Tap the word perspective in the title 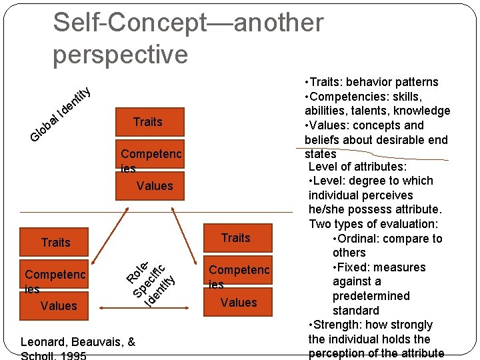tap(121, 54)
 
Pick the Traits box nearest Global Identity tap(147, 122)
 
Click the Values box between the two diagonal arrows tap(154, 186)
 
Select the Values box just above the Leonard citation tap(59, 306)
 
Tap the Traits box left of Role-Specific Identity tap(55, 243)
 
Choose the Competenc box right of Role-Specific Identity tap(239, 270)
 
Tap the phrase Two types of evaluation tap(373, 224)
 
